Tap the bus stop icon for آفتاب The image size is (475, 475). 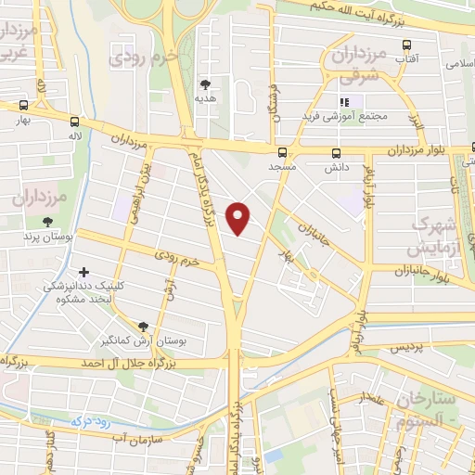[x=406, y=45]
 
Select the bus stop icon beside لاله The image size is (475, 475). [x=73, y=122]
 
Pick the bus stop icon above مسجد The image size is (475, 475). [x=282, y=152]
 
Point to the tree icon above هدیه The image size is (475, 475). [x=205, y=84]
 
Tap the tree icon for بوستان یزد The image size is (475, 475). [x=47, y=222]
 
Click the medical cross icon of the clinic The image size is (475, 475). [x=84, y=273]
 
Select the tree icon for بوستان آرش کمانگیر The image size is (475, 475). [x=143, y=327]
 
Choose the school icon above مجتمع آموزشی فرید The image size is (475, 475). [x=344, y=102]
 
